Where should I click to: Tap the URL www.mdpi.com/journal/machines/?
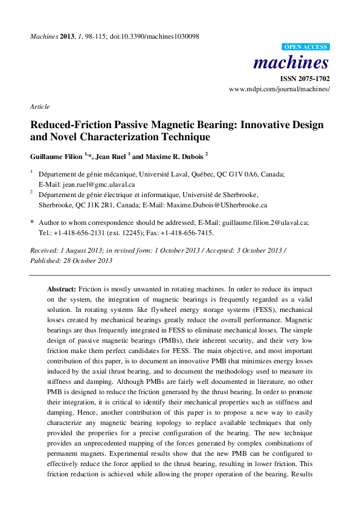click(x=279, y=89)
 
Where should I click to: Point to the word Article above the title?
click(x=40, y=106)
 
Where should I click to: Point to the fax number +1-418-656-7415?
click(x=188, y=232)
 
